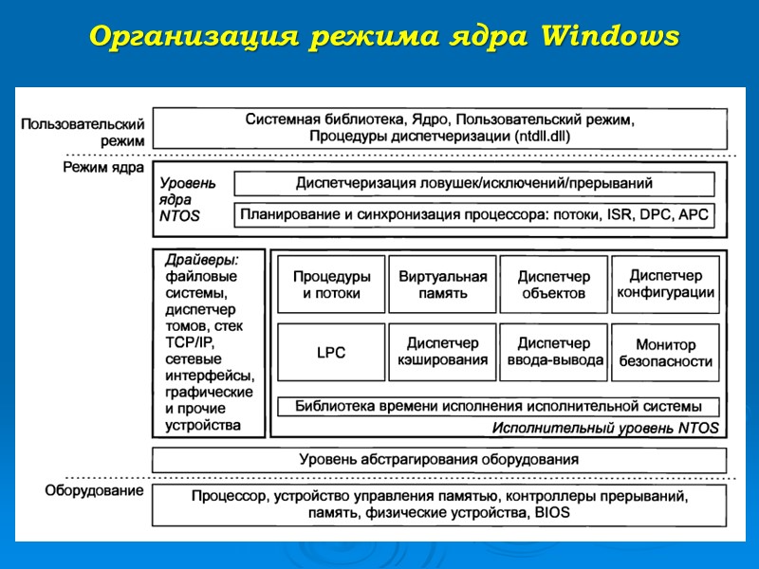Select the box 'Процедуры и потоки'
331,284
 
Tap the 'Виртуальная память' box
442,284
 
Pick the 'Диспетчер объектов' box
553,284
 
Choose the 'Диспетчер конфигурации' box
665,284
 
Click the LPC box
331,352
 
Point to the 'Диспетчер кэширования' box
442,352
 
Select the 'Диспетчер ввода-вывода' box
553,352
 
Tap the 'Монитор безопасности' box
665,353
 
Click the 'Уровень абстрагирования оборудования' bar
439,460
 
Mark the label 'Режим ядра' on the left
103,168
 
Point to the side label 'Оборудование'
95,491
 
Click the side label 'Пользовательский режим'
83,132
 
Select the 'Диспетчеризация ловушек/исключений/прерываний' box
474,183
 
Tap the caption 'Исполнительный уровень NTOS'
604,428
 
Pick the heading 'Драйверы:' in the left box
201,259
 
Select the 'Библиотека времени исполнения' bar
497,407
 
